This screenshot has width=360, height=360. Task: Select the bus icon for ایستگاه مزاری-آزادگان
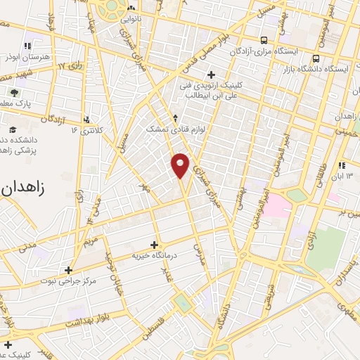[x=264, y=40]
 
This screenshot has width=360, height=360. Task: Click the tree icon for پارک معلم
[x=15, y=92]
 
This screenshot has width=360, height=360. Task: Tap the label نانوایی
[x=149, y=16]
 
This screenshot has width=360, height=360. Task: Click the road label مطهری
[x=344, y=307]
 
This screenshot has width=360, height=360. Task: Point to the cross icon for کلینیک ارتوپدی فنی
[x=211, y=74]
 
